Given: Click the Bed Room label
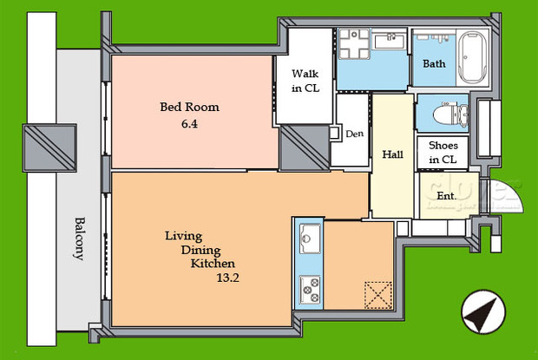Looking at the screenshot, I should (x=188, y=108).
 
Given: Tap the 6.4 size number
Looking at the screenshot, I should (x=189, y=124).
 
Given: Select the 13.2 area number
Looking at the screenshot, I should (x=227, y=278).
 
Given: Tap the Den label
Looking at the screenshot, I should (x=353, y=134).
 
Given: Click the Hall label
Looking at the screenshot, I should (x=391, y=154).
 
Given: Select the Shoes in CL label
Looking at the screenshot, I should (x=443, y=153).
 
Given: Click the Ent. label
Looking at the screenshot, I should (x=446, y=196).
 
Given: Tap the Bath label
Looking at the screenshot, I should (x=434, y=64).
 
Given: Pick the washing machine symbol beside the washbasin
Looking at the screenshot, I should (x=352, y=43).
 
